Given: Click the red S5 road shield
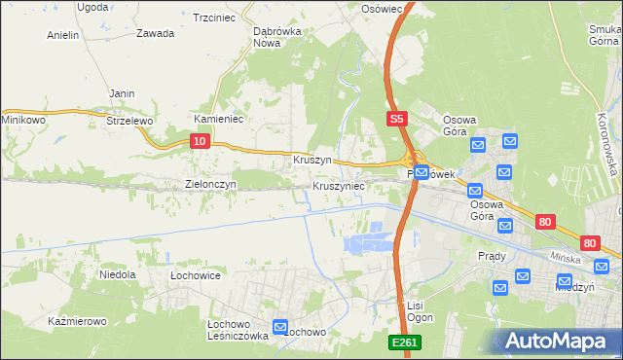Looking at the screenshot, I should coord(395,119).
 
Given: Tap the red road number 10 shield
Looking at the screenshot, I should coord(199,141).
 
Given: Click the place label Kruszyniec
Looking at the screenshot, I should coord(339,185).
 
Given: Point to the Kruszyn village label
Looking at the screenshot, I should coord(312,160).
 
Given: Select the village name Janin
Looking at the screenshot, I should coord(122,93).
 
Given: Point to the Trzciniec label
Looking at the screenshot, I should coord(216,18).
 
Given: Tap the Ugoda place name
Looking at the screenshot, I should coord(92,7).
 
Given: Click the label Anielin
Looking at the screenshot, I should coord(62,35).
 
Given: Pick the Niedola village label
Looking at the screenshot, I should coord(118,274).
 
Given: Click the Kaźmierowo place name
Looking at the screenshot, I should coord(74,320).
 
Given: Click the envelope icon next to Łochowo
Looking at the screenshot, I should coord(280,328).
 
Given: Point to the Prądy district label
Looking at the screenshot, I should coord(492,256).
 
